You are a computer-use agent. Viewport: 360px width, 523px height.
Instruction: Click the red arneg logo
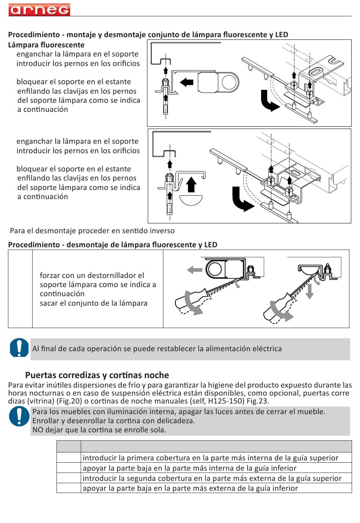coord(39,10)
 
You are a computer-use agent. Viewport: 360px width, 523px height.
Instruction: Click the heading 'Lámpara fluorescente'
coord(46,45)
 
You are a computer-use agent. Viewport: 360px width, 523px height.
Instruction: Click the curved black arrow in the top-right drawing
coord(270,102)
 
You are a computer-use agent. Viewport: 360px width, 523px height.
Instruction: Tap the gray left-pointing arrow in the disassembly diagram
coord(195,270)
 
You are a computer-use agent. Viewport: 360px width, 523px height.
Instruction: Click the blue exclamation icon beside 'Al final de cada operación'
coord(19,348)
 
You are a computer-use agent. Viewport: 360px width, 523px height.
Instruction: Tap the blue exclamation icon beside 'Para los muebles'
coord(19,416)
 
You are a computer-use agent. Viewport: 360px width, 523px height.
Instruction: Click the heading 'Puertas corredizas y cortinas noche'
coord(97,375)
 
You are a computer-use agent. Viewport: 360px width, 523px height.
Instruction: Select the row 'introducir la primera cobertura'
coord(210,458)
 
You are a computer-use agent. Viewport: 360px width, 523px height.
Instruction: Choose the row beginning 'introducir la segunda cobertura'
coord(212,478)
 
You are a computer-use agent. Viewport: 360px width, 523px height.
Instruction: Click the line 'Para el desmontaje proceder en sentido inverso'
coord(92,231)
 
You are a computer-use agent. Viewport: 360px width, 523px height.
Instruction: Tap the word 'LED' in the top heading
coord(282,35)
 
